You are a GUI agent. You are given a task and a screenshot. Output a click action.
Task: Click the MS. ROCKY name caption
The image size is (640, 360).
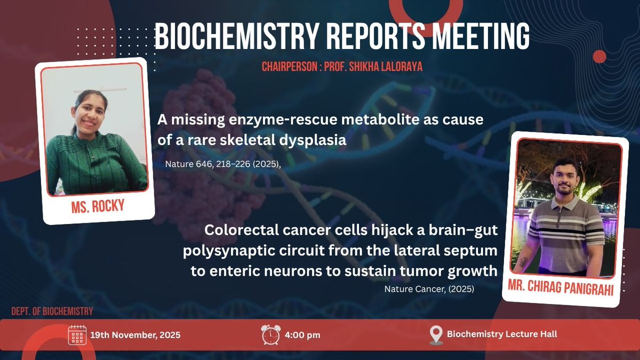coord(97,206)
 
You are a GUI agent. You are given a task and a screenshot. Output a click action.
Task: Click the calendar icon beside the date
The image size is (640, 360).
coord(77,335)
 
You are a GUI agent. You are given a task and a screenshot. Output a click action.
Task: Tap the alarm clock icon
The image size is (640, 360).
coord(270,335)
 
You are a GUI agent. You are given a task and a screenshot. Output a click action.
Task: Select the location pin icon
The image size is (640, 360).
coord(436,335)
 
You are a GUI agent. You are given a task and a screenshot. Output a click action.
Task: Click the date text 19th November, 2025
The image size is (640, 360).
coord(135,335)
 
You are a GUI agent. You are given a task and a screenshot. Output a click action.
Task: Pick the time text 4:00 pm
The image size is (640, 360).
coord(302,335)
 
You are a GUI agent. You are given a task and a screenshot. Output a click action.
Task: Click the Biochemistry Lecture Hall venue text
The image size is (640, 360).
coord(502,334)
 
